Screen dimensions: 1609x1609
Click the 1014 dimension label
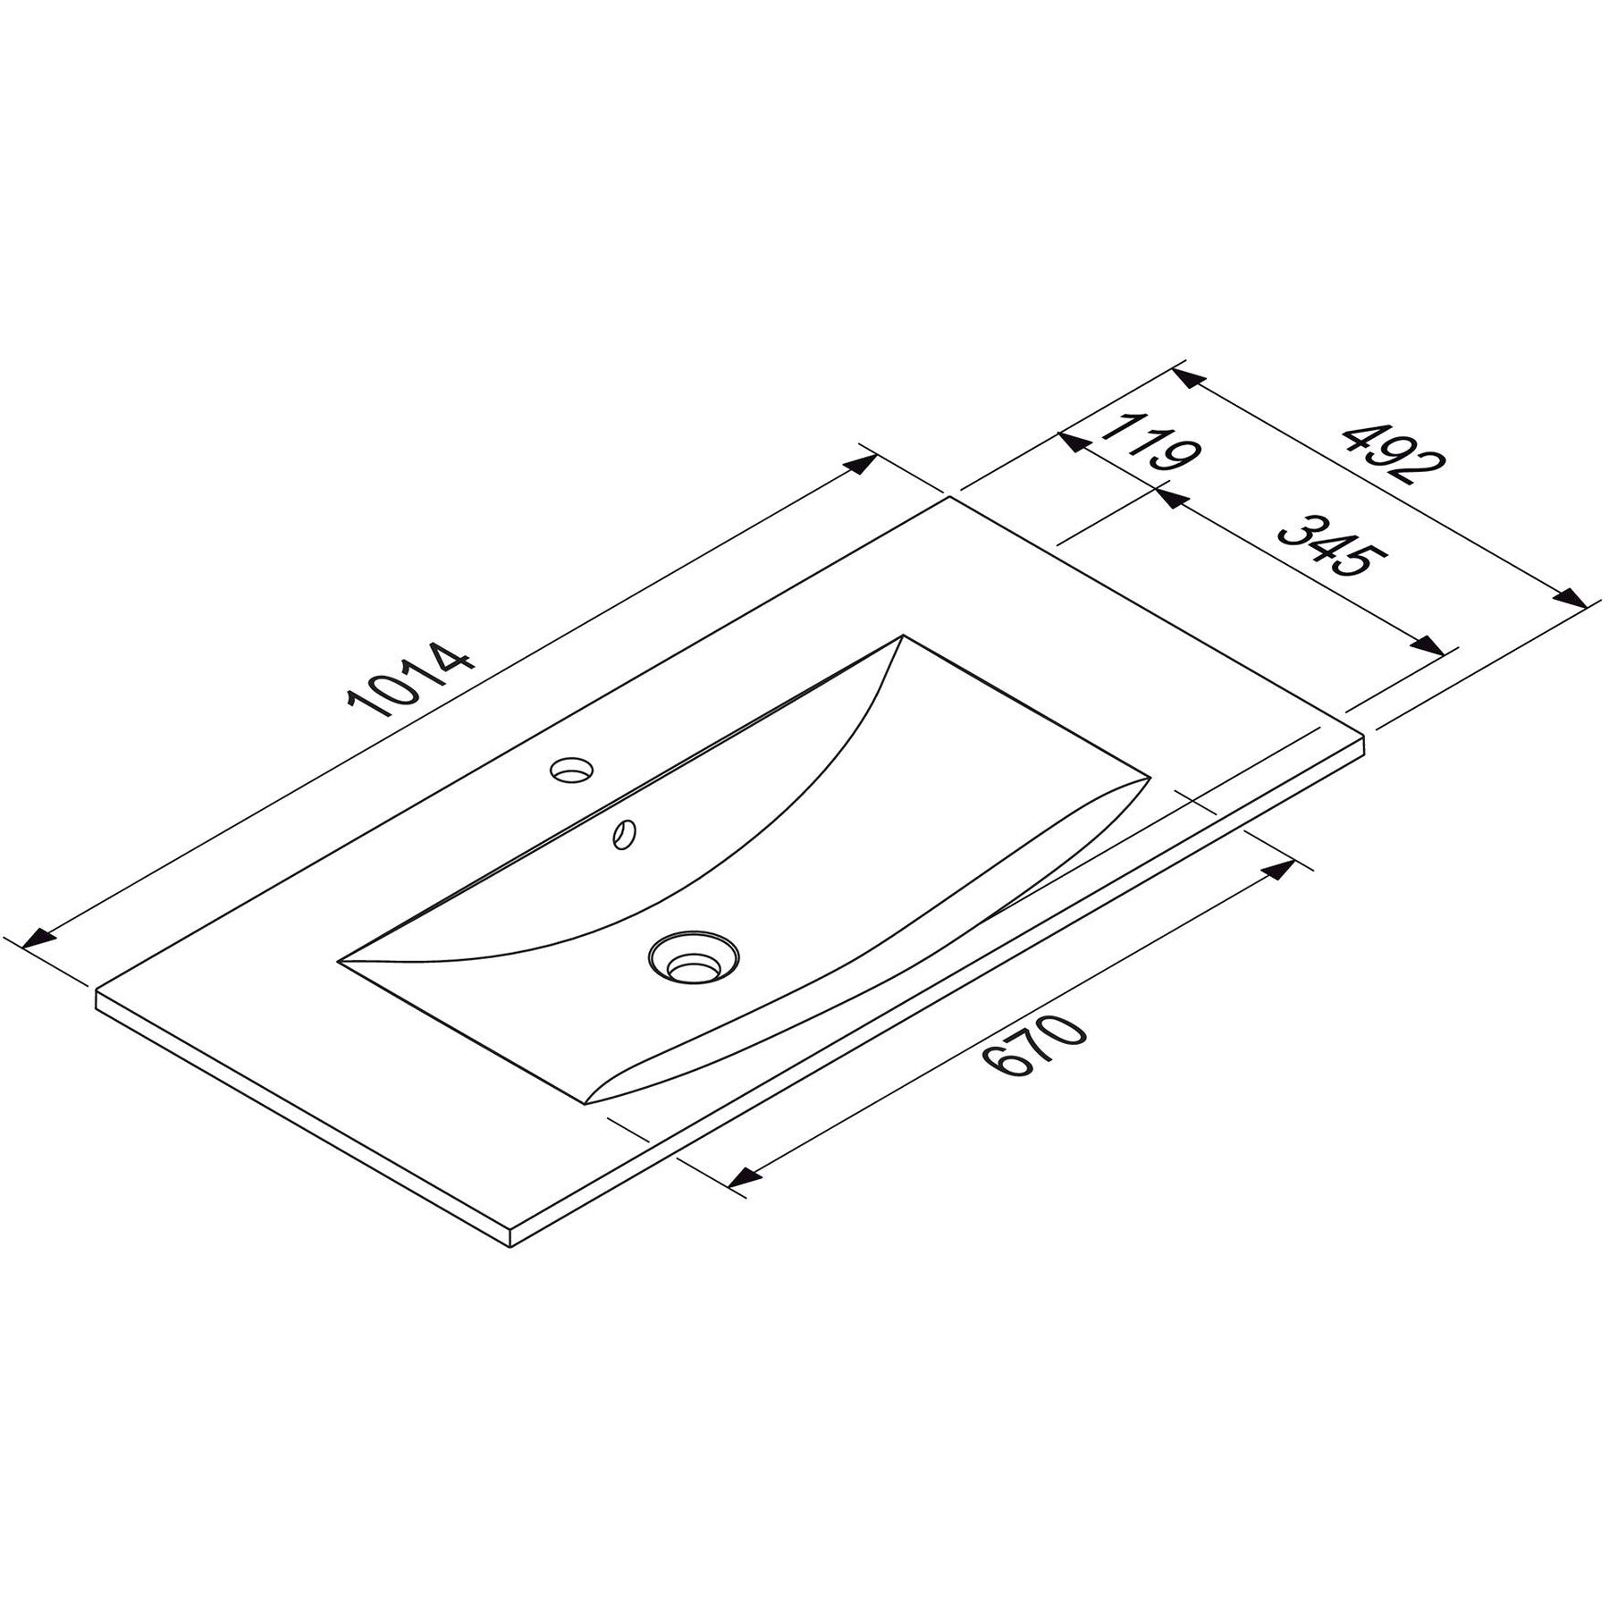click(x=410, y=679)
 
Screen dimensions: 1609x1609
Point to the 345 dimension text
click(x=1333, y=545)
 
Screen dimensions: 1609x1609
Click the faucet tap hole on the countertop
click(x=573, y=768)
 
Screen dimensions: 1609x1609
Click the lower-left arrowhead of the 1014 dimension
click(x=38, y=938)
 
